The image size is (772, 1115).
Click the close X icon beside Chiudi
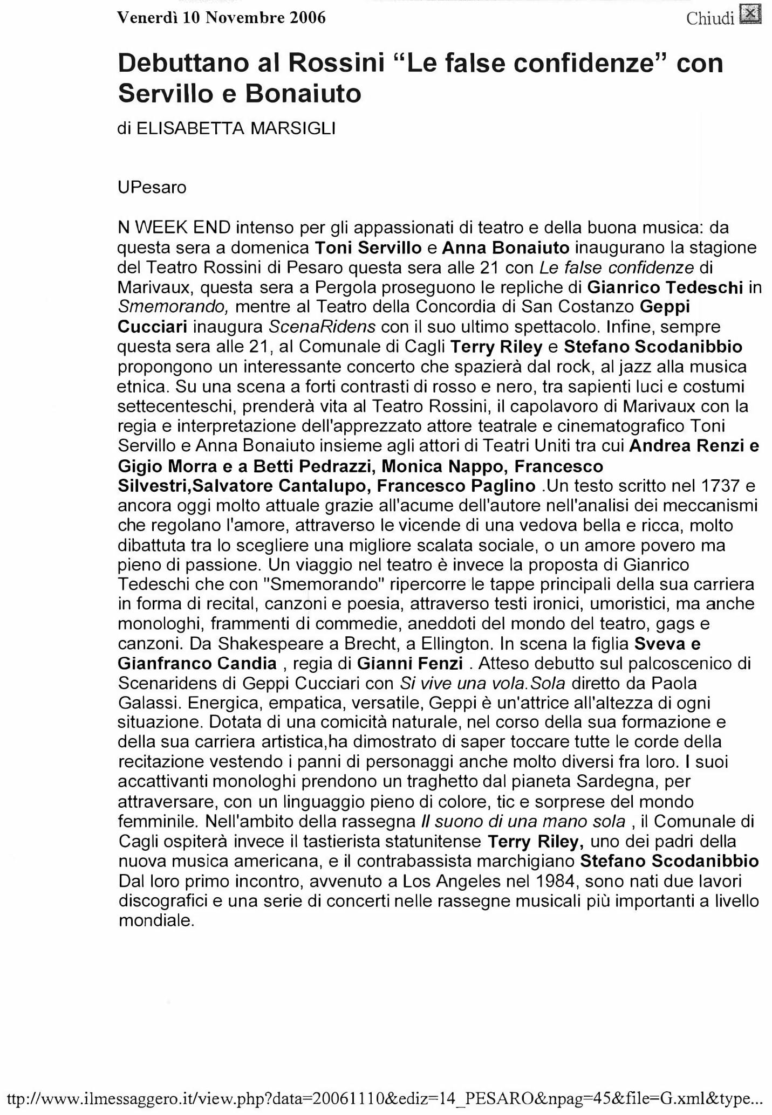pos(750,15)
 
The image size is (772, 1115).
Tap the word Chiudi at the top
pos(710,19)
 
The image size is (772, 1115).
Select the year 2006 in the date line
pos(308,18)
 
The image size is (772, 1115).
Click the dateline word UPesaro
pos(152,188)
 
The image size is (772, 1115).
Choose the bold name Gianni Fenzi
pos(410,664)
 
